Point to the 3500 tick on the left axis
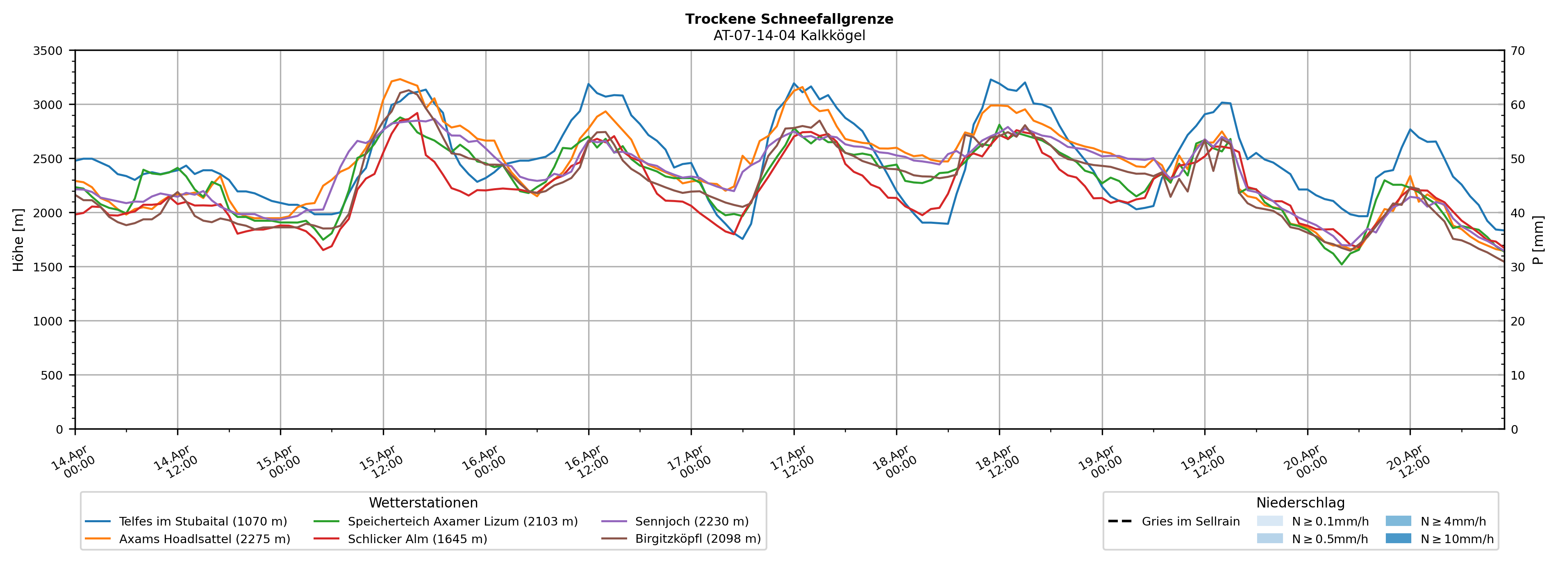[x=48, y=51]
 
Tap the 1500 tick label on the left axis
[x=48, y=267]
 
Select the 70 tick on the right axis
[x=1517, y=51]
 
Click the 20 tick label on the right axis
[x=1517, y=321]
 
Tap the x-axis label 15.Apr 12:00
[x=381, y=463]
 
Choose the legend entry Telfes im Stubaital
[x=202, y=521]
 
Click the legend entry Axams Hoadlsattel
[x=205, y=539]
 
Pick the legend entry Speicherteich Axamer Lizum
[x=462, y=521]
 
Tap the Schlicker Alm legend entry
[x=417, y=539]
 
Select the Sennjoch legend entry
[x=691, y=521]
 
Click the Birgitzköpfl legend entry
[x=697, y=539]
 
